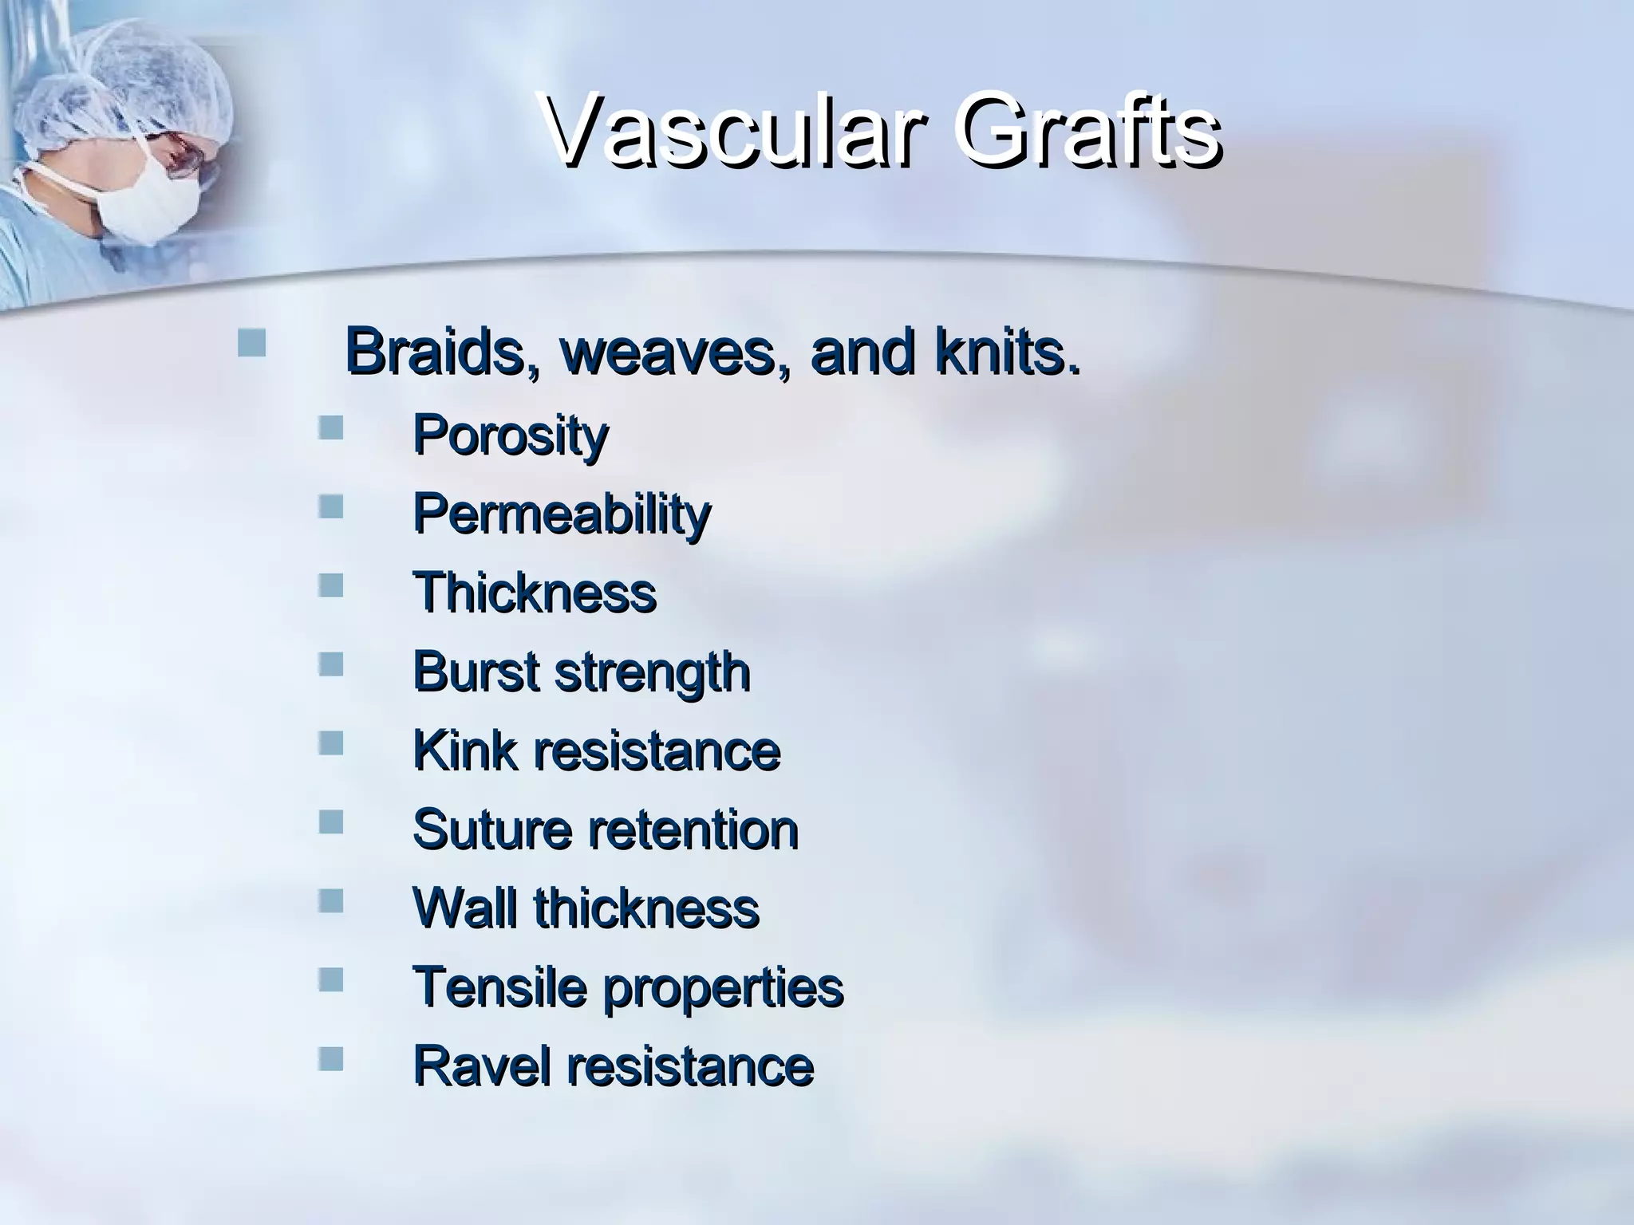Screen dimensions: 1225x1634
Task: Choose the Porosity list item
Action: [x=511, y=436]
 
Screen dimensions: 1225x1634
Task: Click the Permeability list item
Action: [x=561, y=514]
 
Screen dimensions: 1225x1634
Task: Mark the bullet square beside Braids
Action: [x=251, y=343]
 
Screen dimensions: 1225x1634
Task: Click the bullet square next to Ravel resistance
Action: [x=330, y=1058]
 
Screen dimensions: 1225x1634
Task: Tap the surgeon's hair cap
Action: [x=136, y=80]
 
